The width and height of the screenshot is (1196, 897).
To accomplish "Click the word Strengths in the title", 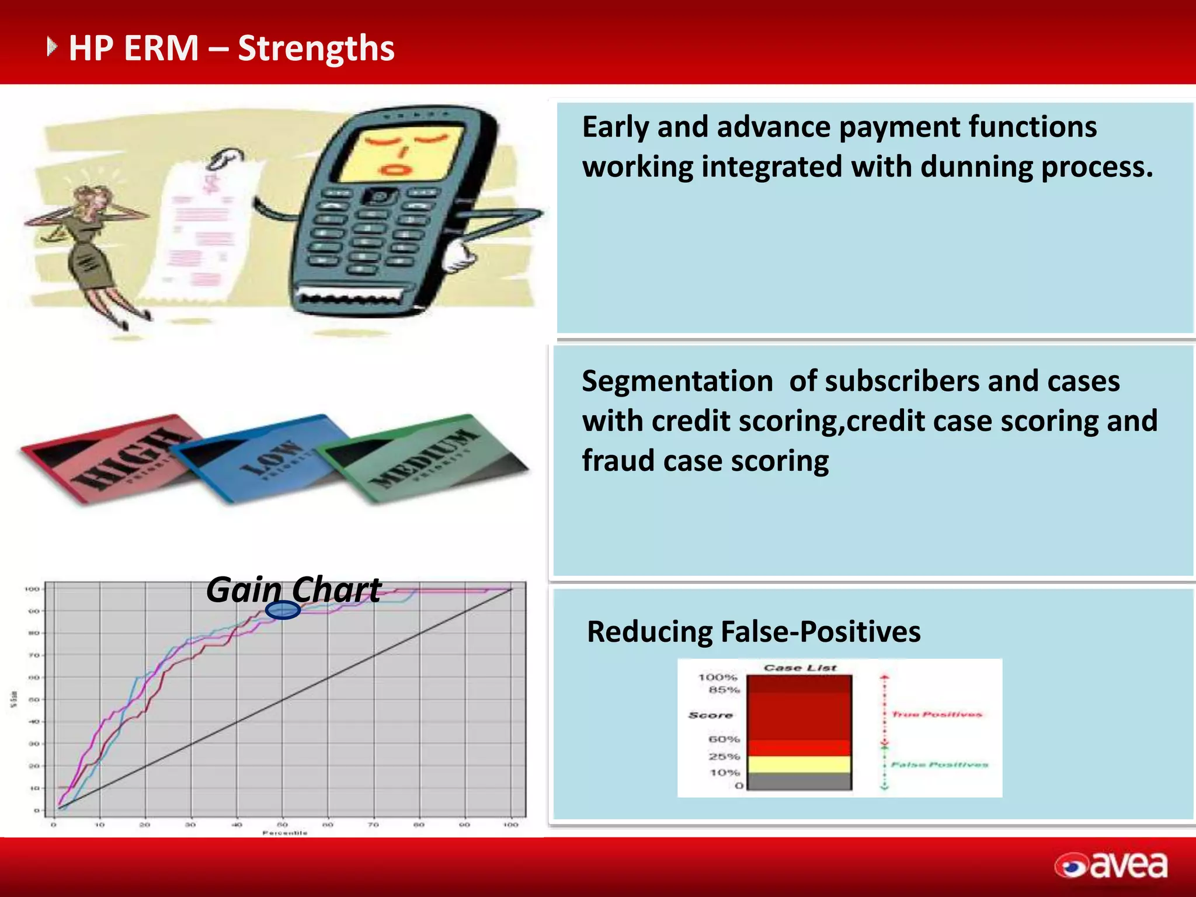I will [316, 48].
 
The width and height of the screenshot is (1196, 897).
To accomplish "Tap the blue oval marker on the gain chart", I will [283, 610].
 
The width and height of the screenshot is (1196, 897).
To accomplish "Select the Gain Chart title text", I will [294, 589].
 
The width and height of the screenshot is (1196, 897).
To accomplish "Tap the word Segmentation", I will [677, 381].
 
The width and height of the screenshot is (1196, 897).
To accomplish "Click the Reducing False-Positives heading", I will [753, 632].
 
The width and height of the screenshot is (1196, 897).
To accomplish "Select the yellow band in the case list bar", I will [799, 764].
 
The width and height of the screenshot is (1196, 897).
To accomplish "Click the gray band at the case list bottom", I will [799, 781].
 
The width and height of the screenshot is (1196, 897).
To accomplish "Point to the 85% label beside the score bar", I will [724, 690].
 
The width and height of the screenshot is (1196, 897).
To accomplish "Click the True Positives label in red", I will [937, 714].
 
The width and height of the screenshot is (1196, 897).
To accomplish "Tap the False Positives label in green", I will [939, 764].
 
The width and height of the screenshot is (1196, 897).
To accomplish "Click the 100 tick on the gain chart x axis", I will [510, 825].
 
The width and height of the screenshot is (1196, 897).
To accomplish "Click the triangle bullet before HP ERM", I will [52, 47].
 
